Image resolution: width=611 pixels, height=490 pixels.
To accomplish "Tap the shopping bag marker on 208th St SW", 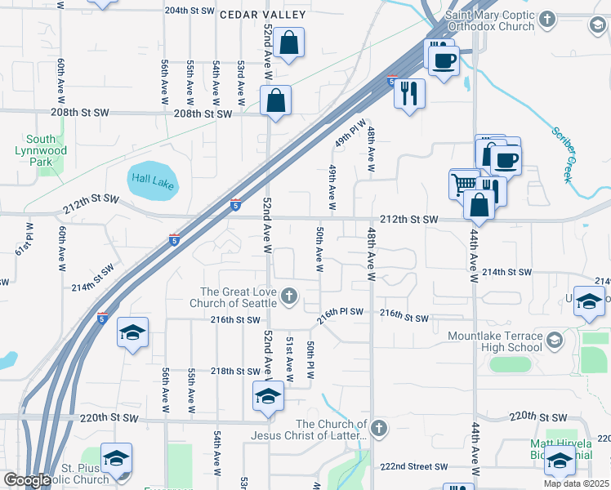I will tap(276, 101).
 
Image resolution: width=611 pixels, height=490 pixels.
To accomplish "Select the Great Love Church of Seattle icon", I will tap(288, 296).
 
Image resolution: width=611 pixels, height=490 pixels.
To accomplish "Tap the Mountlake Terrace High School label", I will tap(495, 341).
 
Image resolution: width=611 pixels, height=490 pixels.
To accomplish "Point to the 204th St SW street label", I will tap(190, 11).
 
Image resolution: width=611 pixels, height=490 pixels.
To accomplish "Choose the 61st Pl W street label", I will tap(29, 238).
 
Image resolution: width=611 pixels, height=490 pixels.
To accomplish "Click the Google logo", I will tap(27, 480).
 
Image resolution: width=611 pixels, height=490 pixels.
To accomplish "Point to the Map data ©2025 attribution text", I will tap(576, 483).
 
